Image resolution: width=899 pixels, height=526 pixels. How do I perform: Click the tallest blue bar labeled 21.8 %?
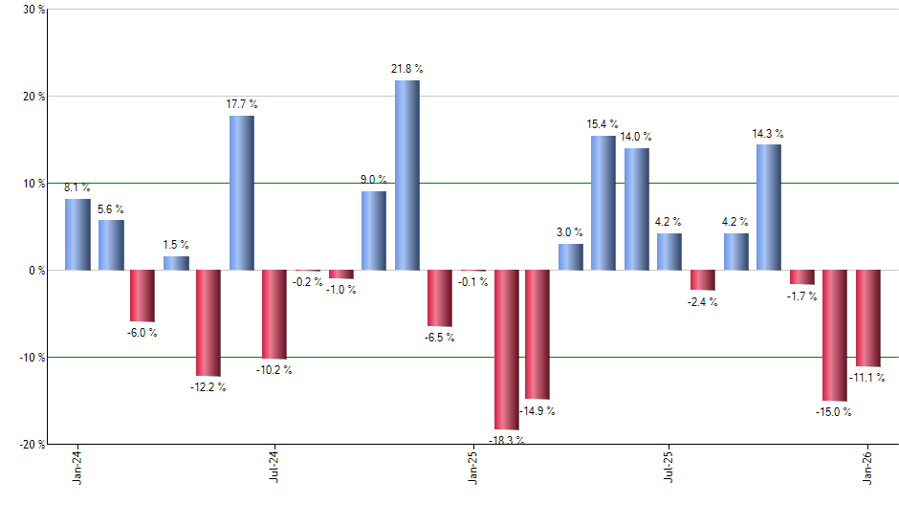point(406,175)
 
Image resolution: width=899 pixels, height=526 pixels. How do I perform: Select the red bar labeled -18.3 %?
point(506,349)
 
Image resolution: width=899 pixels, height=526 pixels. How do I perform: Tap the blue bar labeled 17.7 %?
point(241,192)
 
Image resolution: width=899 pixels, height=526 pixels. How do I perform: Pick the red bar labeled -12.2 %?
point(208,322)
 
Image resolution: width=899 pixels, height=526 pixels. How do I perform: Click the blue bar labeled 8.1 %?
point(77,234)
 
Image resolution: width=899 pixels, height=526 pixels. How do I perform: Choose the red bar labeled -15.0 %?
point(835,335)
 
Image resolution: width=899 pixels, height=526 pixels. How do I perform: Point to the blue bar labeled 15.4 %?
point(603,203)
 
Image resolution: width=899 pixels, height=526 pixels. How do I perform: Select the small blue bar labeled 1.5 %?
point(176,263)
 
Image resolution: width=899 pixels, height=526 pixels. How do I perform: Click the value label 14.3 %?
point(768,134)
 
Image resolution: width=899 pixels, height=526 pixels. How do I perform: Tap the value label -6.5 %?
point(440,337)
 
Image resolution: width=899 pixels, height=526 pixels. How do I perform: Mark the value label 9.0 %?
point(374,179)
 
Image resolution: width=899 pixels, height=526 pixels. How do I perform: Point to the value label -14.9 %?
point(537,411)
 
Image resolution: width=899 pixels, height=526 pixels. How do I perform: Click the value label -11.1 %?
point(867,378)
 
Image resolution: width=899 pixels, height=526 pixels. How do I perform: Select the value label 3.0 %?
point(571,231)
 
